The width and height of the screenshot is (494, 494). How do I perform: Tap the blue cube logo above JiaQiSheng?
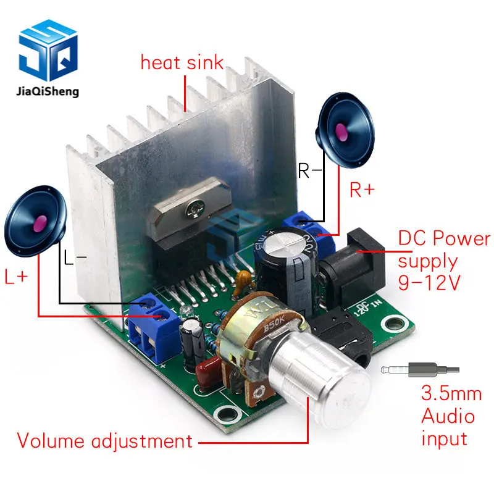pos(49,52)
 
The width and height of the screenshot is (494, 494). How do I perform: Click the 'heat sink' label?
pos(182,62)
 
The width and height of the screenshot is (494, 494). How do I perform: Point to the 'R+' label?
pos(362,190)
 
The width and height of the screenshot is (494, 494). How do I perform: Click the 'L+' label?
pos(17,277)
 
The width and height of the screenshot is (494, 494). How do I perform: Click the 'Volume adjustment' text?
pos(104,441)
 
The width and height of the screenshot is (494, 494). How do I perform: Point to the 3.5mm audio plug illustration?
pos(420,370)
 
